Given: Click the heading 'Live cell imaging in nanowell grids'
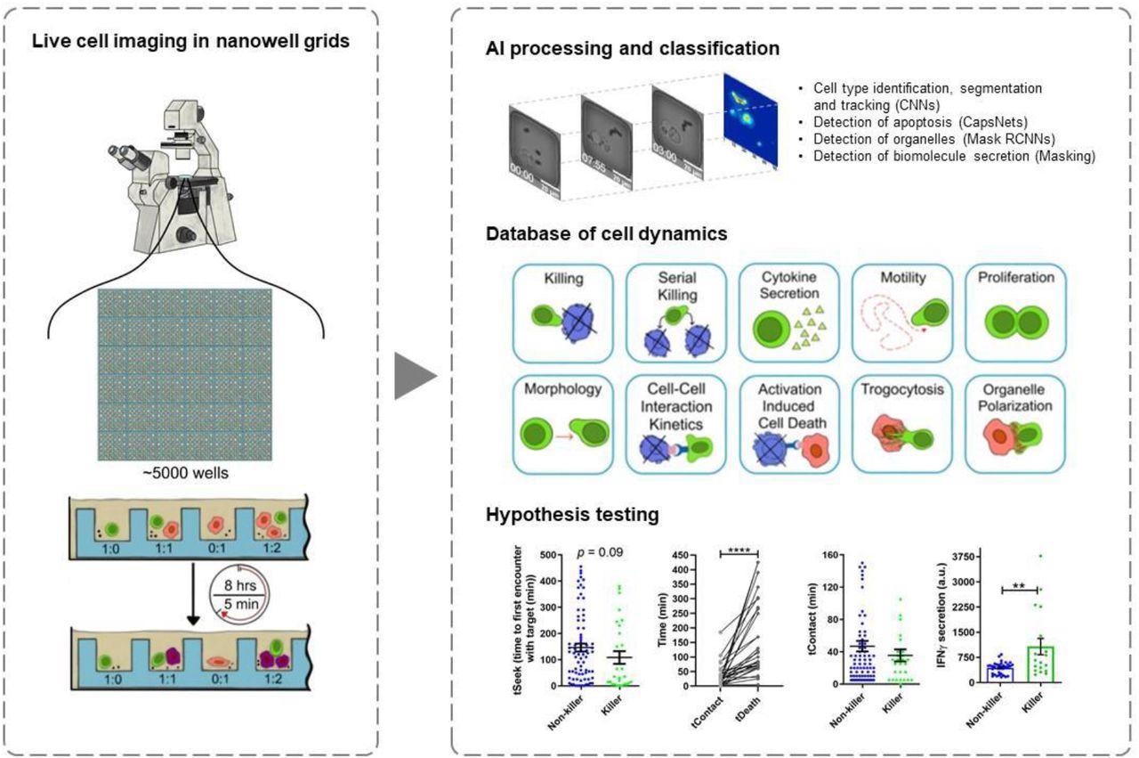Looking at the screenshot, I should point(190,42).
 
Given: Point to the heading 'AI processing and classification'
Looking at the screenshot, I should point(632,48).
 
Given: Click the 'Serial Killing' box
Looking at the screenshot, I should point(677,311).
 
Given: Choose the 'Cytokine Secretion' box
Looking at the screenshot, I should point(789,311).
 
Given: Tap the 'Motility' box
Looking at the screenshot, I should point(902,311).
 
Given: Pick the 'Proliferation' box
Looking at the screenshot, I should point(1015,311).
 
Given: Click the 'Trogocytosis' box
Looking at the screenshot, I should point(902,424).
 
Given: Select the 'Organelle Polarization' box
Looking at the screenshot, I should point(1015,424).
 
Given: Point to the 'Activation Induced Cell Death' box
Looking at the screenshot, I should point(789,424).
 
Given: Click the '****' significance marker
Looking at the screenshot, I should point(739,552).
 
